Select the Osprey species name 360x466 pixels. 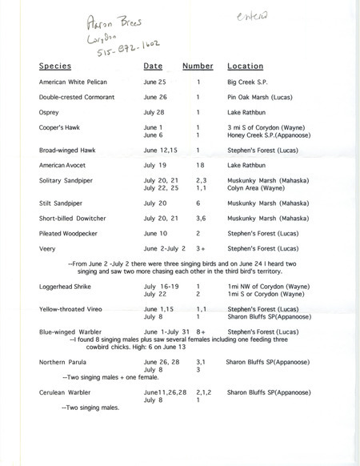tap(50, 112)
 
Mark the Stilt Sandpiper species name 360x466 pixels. tap(63, 203)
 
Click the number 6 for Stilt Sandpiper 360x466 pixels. tap(197, 203)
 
